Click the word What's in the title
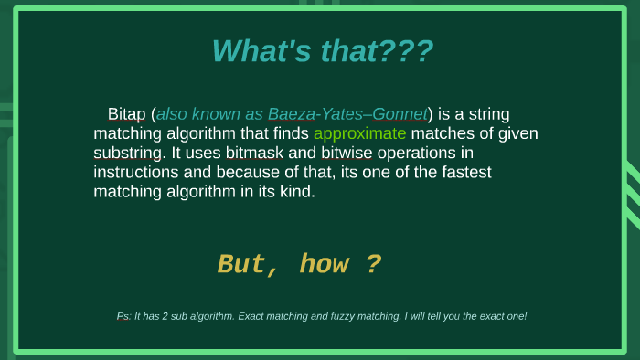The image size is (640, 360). click(261, 51)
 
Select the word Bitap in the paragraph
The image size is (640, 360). click(127, 114)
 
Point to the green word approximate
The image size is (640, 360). click(359, 133)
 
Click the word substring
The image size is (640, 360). click(123, 153)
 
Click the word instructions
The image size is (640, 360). click(136, 172)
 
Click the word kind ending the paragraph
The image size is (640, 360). click(296, 192)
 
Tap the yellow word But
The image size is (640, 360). click(240, 264)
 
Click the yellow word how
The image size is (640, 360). click(324, 264)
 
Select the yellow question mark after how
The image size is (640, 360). click(373, 264)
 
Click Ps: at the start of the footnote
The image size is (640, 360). click(123, 316)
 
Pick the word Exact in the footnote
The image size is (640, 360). click(253, 316)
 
